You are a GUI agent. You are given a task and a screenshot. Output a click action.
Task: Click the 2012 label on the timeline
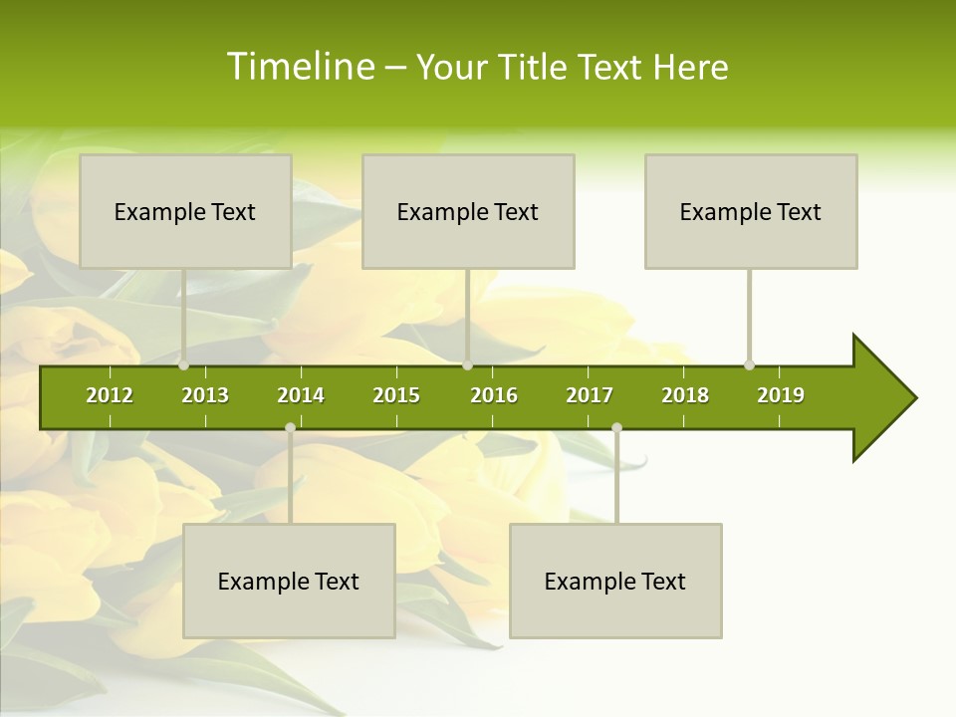110,395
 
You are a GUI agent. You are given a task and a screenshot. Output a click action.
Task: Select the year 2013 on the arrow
205,395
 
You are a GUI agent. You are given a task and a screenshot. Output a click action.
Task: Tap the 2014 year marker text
301,395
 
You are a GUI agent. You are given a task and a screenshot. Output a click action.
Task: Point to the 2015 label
396,395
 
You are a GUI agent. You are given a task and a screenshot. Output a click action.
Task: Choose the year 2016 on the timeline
494,395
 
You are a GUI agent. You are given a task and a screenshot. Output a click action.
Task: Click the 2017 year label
590,395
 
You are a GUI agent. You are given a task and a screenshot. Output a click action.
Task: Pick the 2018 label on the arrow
685,395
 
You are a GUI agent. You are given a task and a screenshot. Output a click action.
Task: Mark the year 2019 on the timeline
781,395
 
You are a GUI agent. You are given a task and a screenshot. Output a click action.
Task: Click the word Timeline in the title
299,67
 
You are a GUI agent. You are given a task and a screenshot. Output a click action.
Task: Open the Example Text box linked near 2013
185,211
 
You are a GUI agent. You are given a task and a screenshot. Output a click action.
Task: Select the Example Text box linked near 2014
289,581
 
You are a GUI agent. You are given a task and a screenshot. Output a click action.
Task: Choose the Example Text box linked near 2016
468,211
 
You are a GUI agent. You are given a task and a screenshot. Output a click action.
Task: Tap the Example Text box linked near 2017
615,581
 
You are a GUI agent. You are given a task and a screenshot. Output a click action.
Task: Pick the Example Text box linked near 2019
751,211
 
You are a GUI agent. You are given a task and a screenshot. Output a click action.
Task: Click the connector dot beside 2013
184,365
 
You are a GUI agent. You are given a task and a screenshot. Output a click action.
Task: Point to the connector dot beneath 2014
290,428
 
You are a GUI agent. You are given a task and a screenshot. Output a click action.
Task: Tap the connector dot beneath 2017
616,428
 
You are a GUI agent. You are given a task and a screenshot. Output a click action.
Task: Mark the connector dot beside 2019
750,365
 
